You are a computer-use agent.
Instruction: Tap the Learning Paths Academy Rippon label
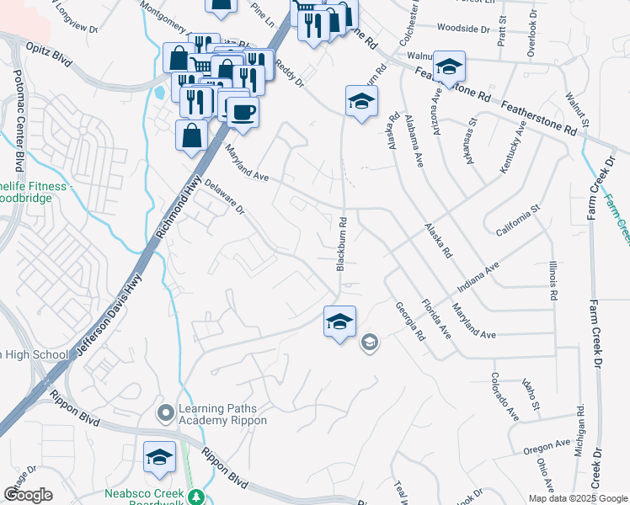[222, 414]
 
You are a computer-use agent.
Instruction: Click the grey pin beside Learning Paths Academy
[166, 413]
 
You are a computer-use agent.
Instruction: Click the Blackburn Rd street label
[342, 244]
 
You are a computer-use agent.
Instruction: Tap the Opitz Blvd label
[49, 52]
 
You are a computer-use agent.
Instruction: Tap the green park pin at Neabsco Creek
[195, 497]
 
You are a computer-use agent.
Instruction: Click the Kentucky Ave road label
[513, 147]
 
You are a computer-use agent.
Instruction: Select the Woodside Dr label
[462, 29]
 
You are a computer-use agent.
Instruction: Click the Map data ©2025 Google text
[577, 498]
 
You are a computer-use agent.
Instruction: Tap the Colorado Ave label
[505, 396]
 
